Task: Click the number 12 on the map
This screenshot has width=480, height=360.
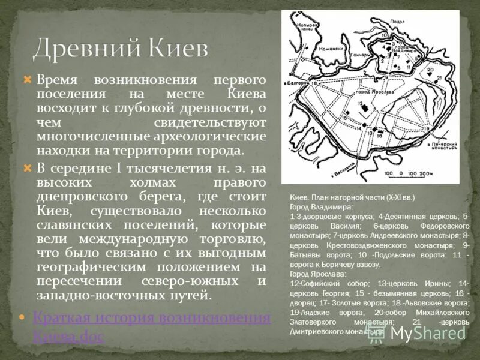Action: (x=361, y=104)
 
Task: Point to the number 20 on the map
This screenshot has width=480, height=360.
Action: (x=429, y=71)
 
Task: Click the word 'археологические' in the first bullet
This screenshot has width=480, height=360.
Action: (x=221, y=136)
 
